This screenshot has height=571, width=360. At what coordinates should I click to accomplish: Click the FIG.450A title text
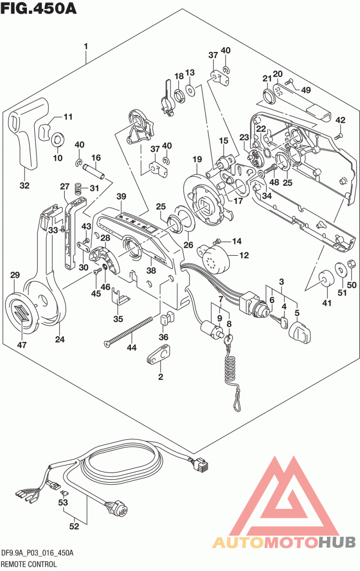point(39,8)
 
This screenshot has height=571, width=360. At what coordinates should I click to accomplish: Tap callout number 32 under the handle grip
point(24,185)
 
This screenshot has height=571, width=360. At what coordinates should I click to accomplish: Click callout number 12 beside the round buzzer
point(243,255)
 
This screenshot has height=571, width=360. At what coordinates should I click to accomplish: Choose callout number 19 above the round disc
point(197,159)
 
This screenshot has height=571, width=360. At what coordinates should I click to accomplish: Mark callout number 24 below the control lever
point(60,340)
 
